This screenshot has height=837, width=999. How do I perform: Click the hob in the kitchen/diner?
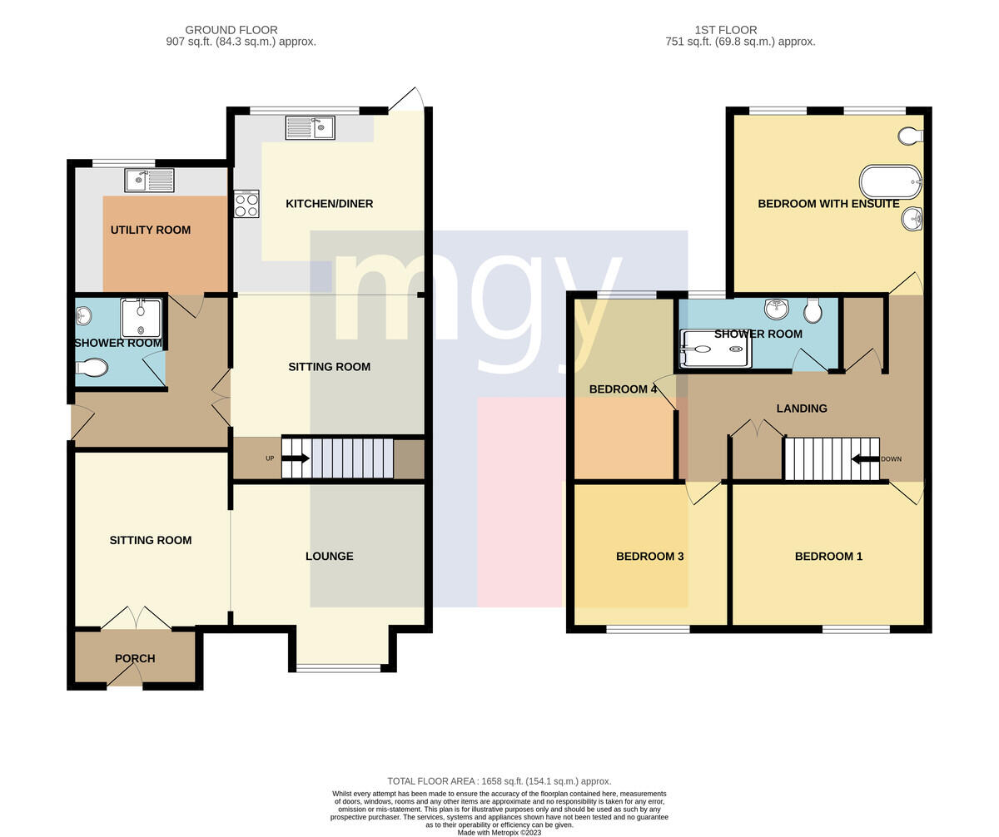246,204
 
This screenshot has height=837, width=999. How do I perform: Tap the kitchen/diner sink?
310,127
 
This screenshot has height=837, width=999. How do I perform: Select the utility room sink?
149,180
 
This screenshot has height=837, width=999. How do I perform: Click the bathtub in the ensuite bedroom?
891,181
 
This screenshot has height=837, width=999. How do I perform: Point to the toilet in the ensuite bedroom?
910,136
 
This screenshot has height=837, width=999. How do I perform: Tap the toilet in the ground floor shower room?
92,367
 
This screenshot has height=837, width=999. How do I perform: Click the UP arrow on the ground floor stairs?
295,458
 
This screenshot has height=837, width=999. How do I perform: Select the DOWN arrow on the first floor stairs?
866,459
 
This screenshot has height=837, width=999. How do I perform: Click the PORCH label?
135,659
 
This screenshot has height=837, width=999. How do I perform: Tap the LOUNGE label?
330,557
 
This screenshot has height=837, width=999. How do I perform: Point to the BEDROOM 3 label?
649,557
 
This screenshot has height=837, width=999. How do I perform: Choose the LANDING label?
802,409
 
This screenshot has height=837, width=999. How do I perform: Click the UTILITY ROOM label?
151,230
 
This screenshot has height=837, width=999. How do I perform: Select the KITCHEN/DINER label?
329,204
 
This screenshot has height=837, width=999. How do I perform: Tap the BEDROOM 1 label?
828,557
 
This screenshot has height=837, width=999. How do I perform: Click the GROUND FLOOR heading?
231,30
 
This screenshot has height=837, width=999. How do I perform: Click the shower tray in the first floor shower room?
716,349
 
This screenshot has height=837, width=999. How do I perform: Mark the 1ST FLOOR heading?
726,30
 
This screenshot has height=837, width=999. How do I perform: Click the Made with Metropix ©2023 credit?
499,833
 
